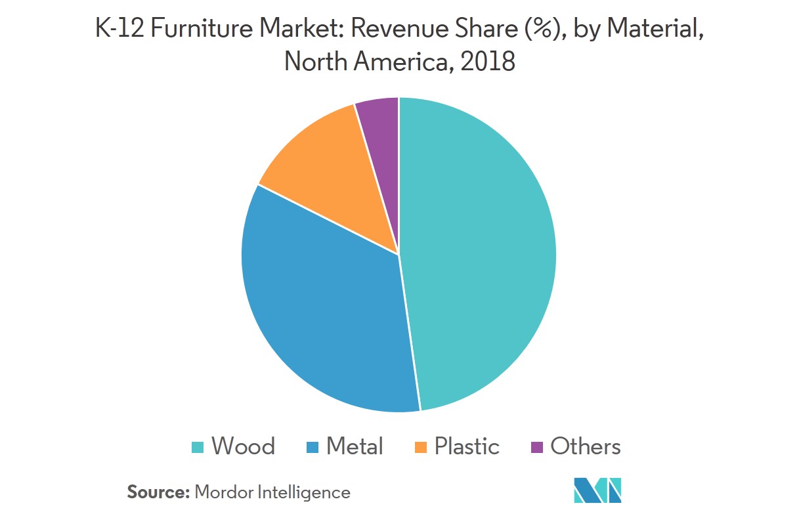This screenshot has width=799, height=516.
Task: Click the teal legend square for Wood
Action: click(197, 448)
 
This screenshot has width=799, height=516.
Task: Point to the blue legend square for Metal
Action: click(312, 448)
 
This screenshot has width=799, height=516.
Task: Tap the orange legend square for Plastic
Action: click(421, 448)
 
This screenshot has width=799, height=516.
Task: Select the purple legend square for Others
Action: click(537, 448)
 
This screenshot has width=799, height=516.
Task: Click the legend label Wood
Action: click(243, 447)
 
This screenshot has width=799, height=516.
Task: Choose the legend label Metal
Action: click(355, 447)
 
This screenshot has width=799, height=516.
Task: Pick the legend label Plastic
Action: click(467, 447)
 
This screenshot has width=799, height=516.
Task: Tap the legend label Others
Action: click(586, 447)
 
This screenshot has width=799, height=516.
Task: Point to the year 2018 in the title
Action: click(488, 62)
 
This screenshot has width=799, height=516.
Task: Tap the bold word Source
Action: click(158, 492)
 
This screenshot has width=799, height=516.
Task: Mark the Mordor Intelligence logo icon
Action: click(597, 490)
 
